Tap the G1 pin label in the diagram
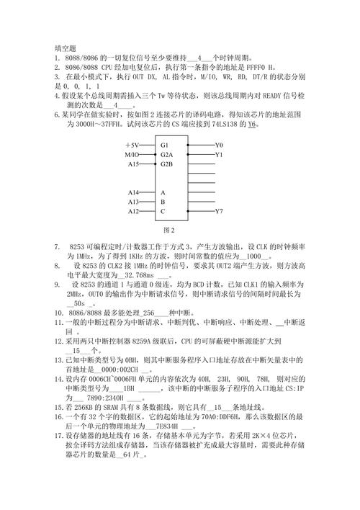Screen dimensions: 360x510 [x=165, y=145]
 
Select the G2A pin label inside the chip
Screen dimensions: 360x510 [x=167, y=154]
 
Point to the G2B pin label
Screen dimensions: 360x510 [x=167, y=164]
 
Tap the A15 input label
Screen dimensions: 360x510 [x=133, y=164]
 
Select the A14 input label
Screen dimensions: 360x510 [x=133, y=192]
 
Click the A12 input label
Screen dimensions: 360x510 [x=133, y=211]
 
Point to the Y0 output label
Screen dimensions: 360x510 [x=219, y=145]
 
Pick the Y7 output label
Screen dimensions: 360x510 [x=219, y=211]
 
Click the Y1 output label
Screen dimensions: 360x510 [x=219, y=154]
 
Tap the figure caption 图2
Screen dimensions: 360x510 [x=171, y=230]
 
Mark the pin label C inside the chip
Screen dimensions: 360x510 [x=163, y=211]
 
